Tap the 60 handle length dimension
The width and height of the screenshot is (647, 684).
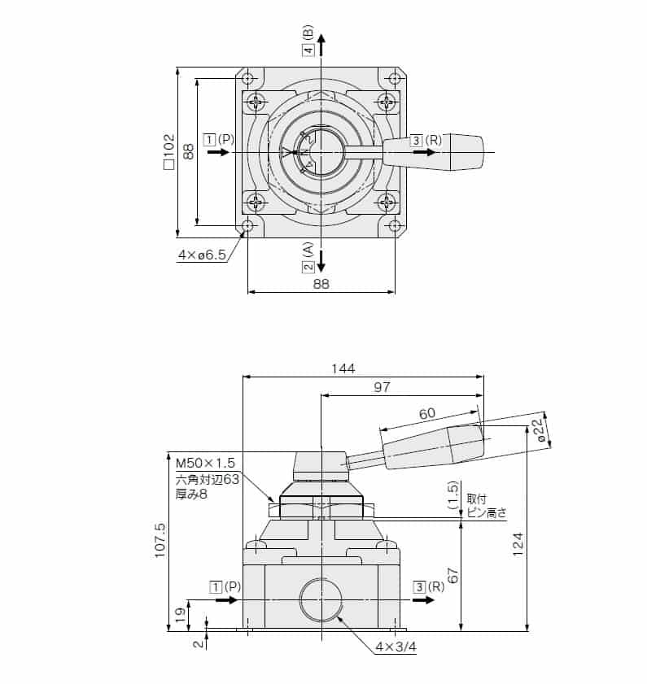426,414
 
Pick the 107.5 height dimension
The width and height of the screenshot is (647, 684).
160,538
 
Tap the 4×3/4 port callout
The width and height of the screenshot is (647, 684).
396,647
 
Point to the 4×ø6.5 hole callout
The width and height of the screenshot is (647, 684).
201,255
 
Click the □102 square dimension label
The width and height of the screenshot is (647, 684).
168,151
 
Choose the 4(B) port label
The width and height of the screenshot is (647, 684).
308,41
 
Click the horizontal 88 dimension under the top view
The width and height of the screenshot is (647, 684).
321,283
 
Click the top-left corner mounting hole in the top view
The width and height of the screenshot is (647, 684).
248,79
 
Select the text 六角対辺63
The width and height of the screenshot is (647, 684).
207,479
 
